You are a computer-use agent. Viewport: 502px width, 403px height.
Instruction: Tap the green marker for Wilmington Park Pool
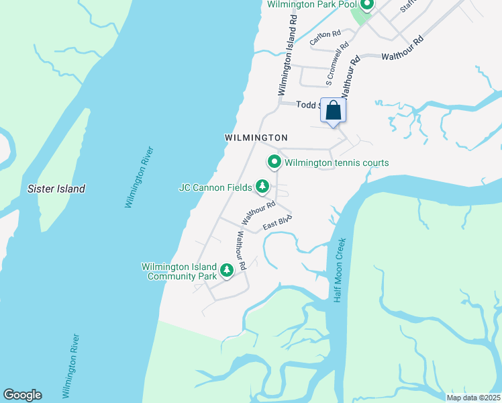(x=366, y=6)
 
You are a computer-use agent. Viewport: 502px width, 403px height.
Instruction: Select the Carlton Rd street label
(x=325, y=37)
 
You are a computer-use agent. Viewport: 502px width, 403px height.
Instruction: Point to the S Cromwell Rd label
(x=338, y=64)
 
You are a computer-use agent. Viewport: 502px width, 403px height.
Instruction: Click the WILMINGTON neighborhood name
(x=256, y=138)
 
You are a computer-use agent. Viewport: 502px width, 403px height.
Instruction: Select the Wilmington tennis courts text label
(x=336, y=163)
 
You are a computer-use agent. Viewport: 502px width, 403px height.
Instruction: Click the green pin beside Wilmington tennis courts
(x=274, y=162)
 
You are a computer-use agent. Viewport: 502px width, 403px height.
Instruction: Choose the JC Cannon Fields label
(x=215, y=187)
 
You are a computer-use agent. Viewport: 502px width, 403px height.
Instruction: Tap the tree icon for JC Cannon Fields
(x=262, y=186)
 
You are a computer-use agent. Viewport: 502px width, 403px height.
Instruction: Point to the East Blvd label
(x=277, y=222)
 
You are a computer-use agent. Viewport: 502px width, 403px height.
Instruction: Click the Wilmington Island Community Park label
(x=179, y=271)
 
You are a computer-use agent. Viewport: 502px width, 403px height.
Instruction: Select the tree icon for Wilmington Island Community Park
(x=227, y=270)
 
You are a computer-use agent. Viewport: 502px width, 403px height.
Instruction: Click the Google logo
(x=22, y=395)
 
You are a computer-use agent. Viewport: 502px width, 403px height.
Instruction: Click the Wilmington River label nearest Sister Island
(x=140, y=176)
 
